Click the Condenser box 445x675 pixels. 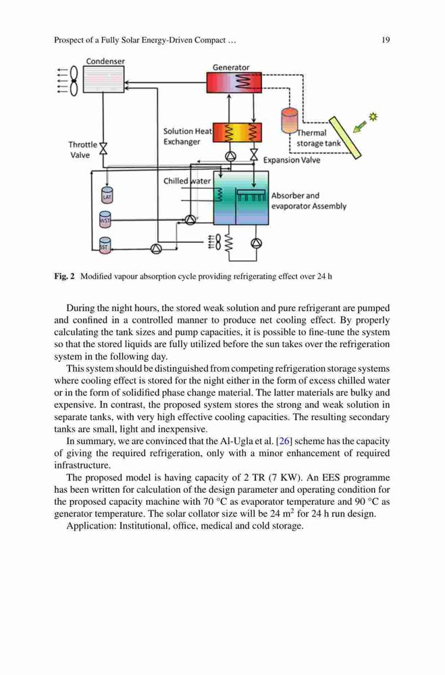click(x=103, y=79)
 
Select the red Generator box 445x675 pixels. click(x=234, y=82)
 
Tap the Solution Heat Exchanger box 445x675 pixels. click(x=238, y=134)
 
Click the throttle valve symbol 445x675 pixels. click(x=103, y=148)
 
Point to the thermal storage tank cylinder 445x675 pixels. click(x=289, y=120)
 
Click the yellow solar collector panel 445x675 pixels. click(x=344, y=137)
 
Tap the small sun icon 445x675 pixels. click(x=373, y=116)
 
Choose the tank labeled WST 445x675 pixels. click(x=105, y=219)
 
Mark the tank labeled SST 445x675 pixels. click(x=105, y=246)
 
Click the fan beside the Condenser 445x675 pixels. click(x=74, y=80)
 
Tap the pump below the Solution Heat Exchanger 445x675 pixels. click(x=231, y=156)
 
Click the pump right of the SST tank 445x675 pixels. click(x=156, y=248)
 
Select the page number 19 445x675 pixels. click(x=386, y=40)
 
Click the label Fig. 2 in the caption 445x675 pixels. click(x=65, y=276)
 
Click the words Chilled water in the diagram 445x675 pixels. click(x=187, y=181)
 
